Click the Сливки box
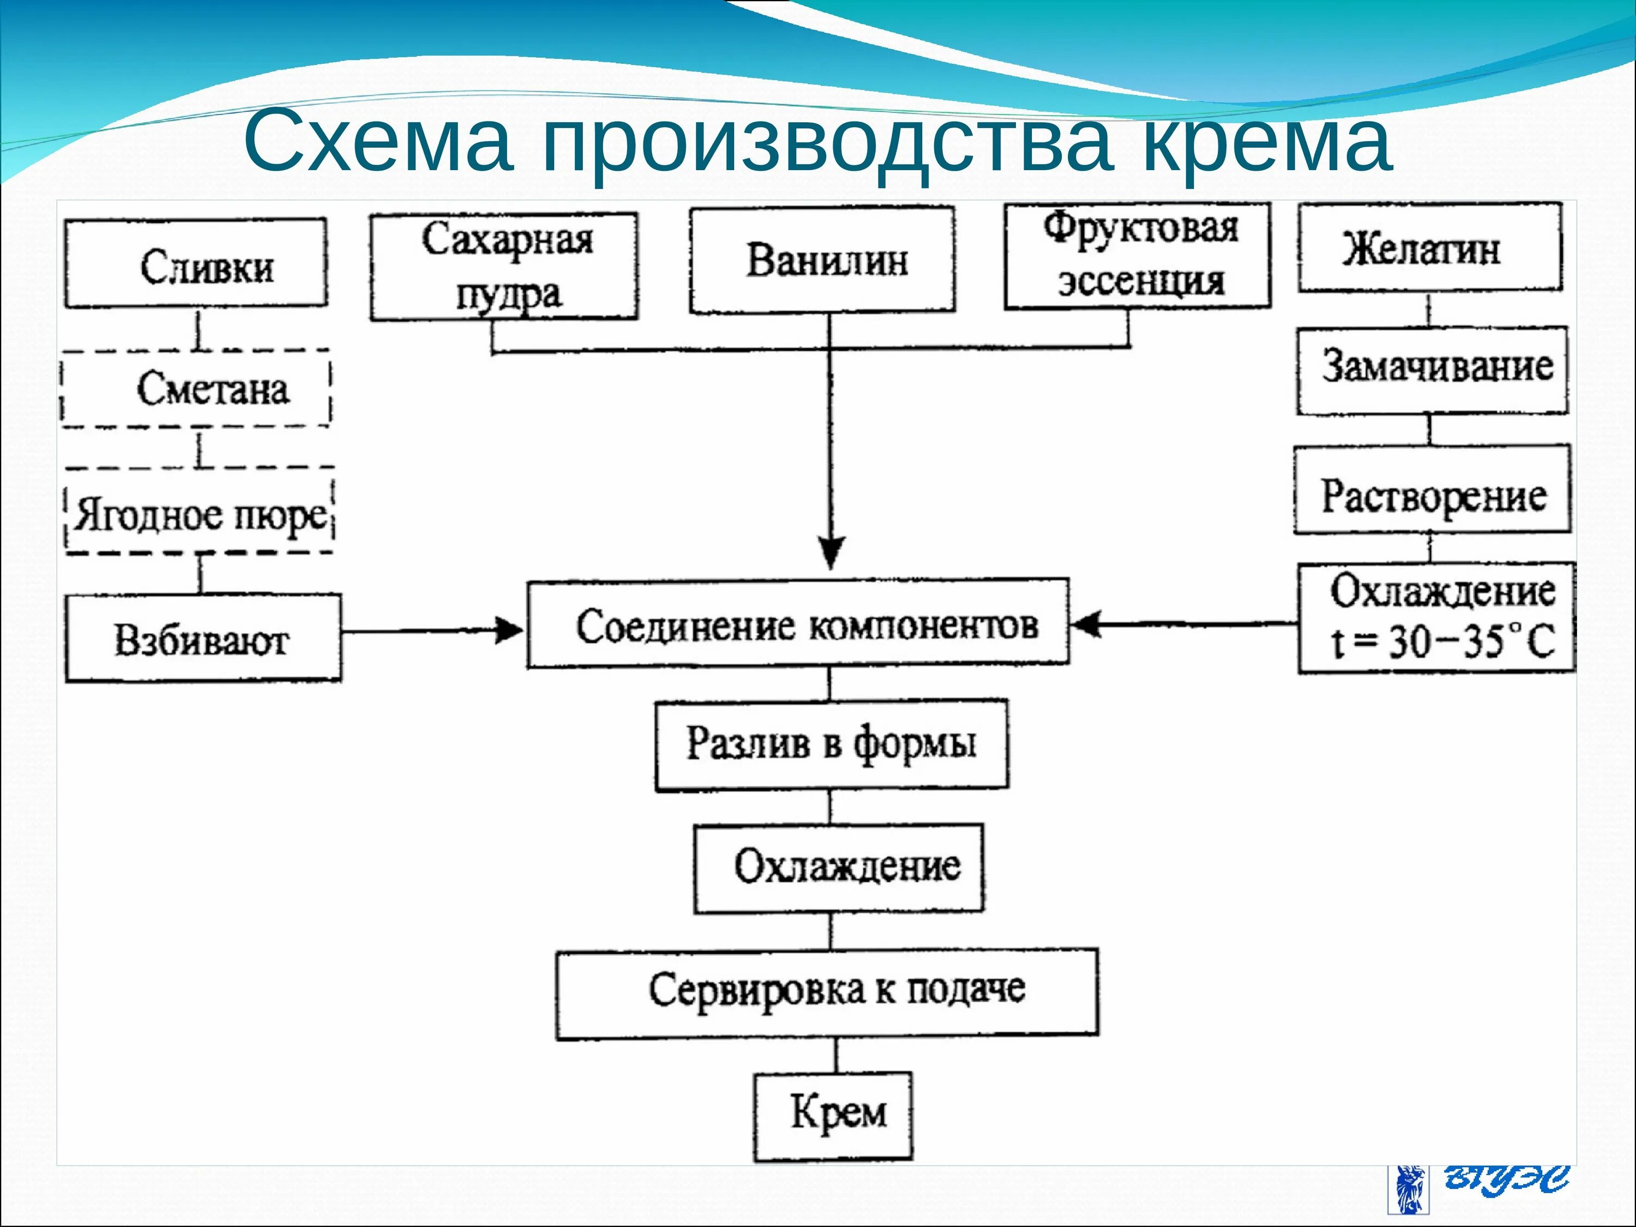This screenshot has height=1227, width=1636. tap(196, 263)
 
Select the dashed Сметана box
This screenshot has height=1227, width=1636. tap(196, 388)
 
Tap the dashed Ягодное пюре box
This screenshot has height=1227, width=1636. tap(200, 512)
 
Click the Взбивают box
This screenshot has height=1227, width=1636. tap(203, 638)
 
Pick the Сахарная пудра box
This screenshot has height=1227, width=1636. tap(504, 266)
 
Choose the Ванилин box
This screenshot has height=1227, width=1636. tap(822, 260)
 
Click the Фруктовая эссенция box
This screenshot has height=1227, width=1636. tap(1137, 255)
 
